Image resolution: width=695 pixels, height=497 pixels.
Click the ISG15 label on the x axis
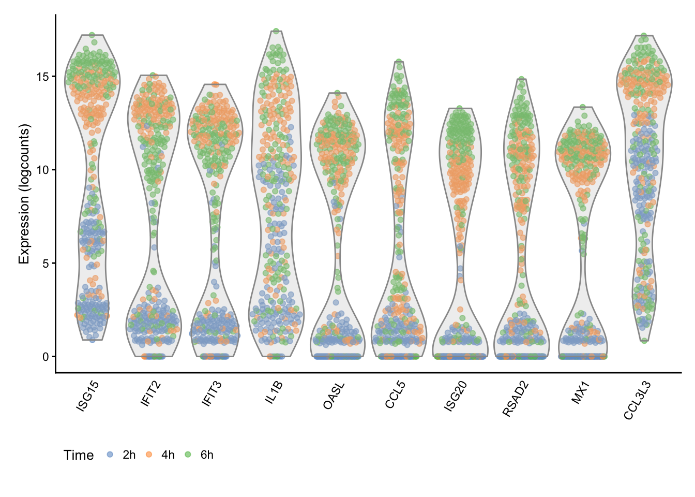pos(87,397)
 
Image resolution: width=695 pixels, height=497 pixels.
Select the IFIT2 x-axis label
pos(150,394)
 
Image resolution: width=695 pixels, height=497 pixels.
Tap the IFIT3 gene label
pos(212,394)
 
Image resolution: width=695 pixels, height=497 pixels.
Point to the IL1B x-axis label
pos(274,393)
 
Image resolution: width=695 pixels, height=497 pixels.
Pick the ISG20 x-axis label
pos(456,397)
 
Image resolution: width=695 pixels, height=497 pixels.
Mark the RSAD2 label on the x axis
pos(516,399)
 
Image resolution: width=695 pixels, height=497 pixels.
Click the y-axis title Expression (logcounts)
pos(24,194)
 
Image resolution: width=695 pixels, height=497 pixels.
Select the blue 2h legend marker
pos(110,455)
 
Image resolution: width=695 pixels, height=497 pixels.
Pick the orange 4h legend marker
pos(149,455)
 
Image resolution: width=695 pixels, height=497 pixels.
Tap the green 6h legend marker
pos(188,455)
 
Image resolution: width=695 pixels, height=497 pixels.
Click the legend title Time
pos(79,455)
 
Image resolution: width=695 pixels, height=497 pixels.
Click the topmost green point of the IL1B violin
pos(276,31)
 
